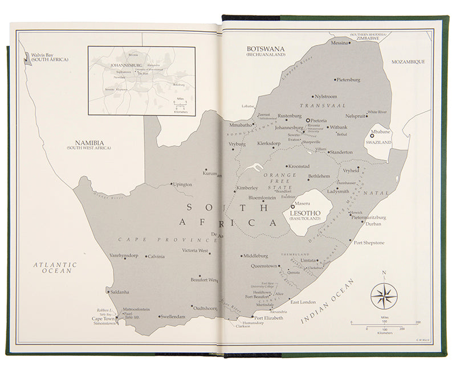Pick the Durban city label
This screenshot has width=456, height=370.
click(373, 224)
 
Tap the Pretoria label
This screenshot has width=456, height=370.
click(319, 121)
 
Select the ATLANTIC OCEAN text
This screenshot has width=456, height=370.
click(54, 268)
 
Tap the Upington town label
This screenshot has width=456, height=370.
click(182, 184)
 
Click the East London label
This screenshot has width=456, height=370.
click(303, 302)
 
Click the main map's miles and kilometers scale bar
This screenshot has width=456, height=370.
click(385, 324)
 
